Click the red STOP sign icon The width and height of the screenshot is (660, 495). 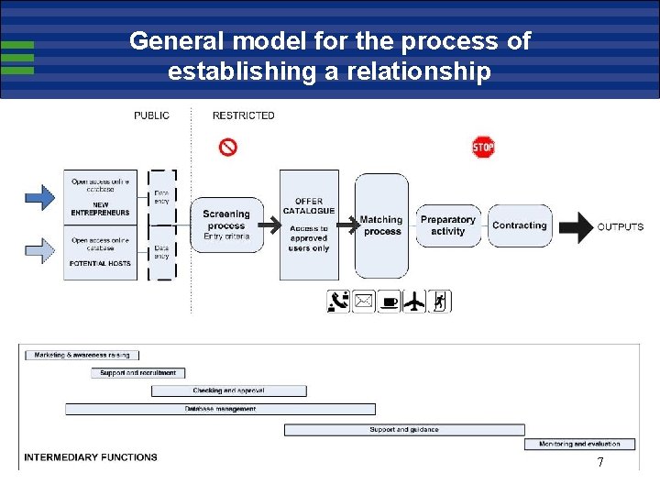tap(483, 147)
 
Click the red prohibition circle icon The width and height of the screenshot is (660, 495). tap(228, 147)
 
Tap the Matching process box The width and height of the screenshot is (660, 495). tap(381, 225)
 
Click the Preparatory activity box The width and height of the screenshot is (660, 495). tap(447, 225)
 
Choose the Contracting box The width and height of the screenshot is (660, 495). tap(520, 225)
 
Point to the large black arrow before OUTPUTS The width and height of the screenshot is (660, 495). tap(576, 227)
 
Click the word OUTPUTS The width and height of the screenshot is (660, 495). tap(621, 227)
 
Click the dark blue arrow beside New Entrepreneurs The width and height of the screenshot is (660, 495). tap(39, 197)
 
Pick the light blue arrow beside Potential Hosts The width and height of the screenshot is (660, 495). tap(39, 248)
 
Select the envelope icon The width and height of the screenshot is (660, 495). tap(364, 302)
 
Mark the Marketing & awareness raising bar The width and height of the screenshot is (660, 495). tap(82, 355)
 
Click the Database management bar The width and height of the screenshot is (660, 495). tap(220, 410)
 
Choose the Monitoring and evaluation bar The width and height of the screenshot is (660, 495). tap(579, 445)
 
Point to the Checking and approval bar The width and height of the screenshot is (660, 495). tap(229, 391)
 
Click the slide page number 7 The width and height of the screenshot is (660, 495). tap(600, 463)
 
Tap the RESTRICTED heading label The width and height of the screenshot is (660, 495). tap(243, 115)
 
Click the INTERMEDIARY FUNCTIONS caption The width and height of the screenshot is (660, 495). tap(91, 457)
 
